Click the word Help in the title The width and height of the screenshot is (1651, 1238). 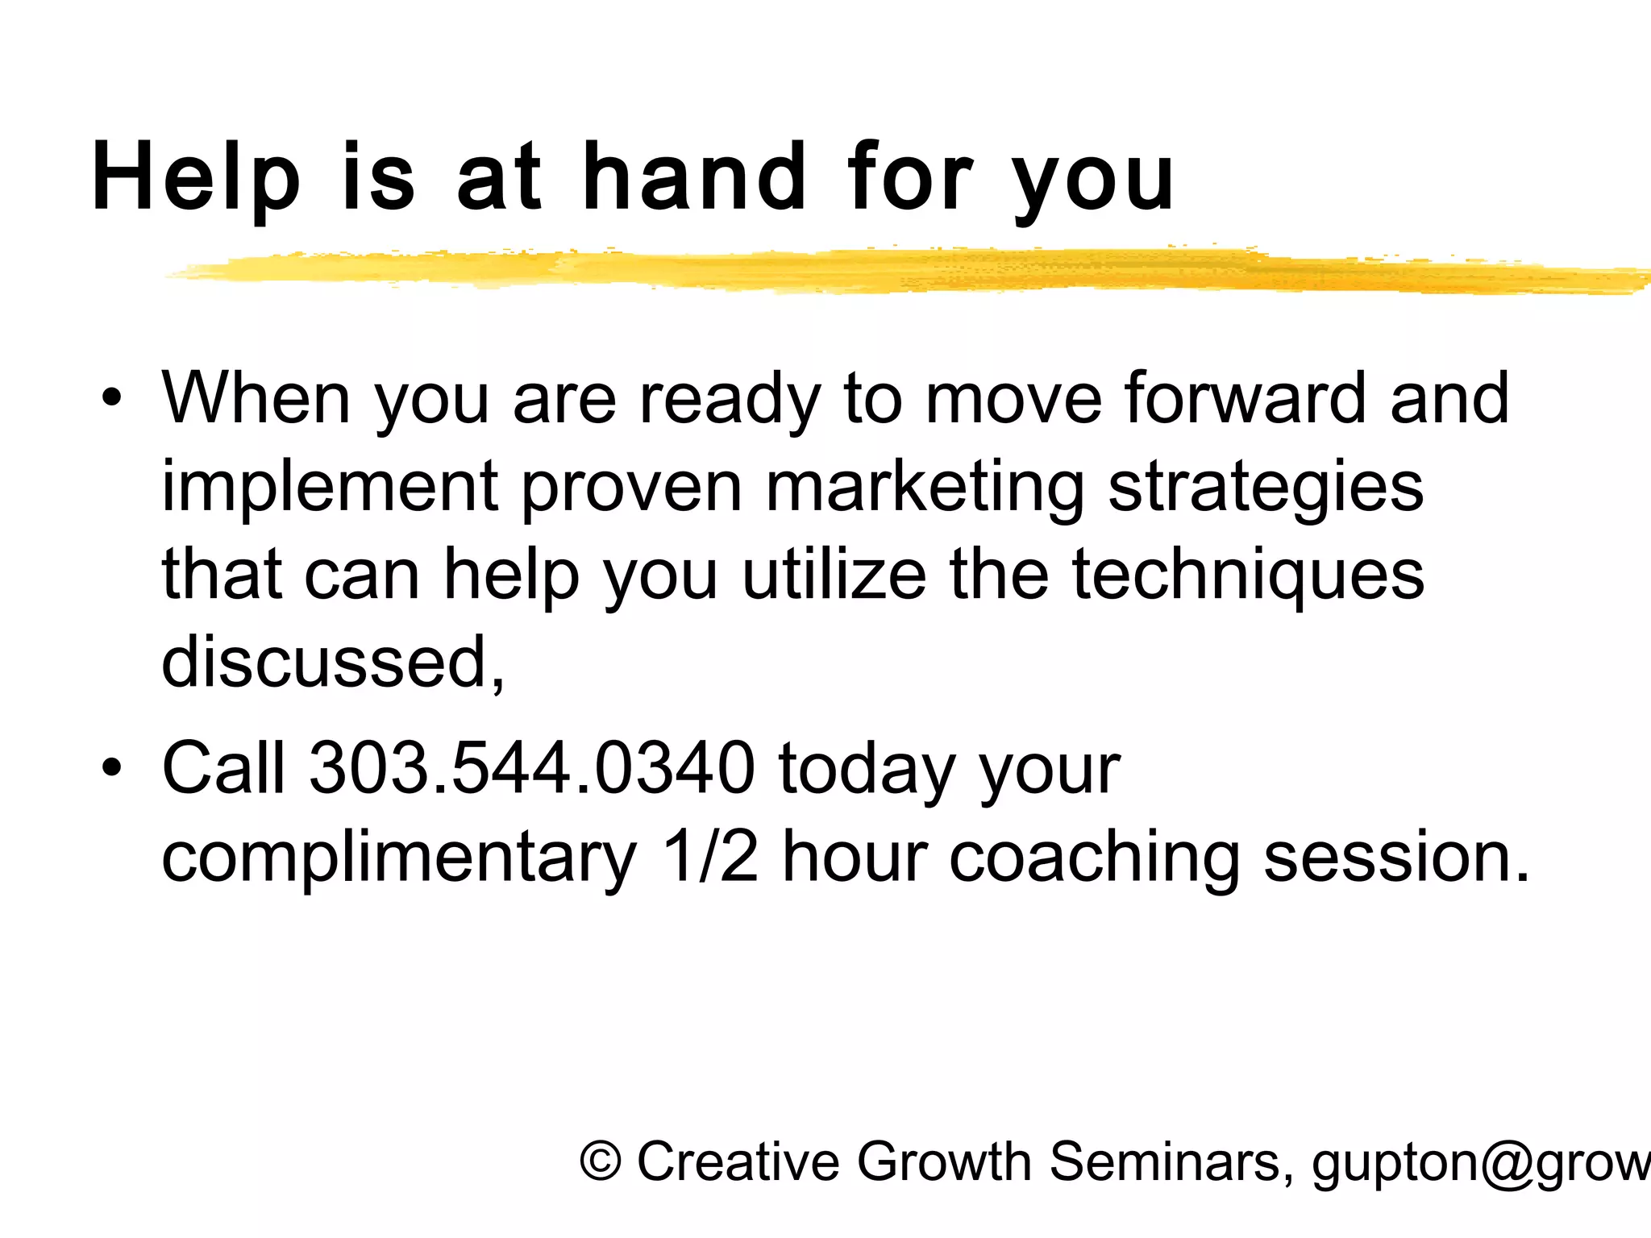tap(196, 178)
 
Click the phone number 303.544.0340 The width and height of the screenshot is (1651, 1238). tap(532, 767)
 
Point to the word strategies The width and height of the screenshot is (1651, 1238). tap(1266, 487)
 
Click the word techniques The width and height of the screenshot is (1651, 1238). tap(1248, 575)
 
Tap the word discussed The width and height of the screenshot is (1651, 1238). tap(333, 663)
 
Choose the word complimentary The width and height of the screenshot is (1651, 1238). tap(399, 858)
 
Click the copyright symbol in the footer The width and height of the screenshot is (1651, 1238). tap(601, 1161)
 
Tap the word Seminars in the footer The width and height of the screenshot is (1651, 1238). tap(1171, 1161)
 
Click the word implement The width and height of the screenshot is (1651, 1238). tap(330, 488)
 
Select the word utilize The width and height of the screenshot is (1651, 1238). tap(834, 575)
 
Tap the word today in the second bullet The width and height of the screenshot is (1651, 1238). tap(867, 769)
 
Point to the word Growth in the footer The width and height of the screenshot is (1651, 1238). tap(942, 1161)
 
